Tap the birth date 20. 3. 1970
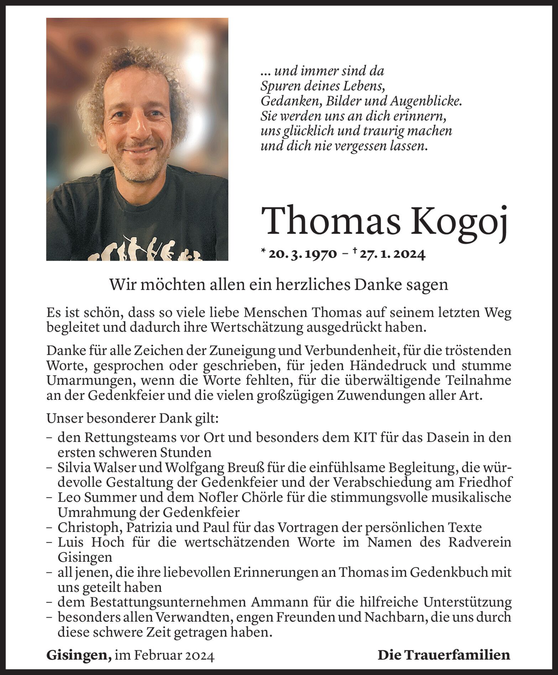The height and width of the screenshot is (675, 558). click(302, 254)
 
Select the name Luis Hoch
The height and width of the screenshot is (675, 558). click(91, 542)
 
